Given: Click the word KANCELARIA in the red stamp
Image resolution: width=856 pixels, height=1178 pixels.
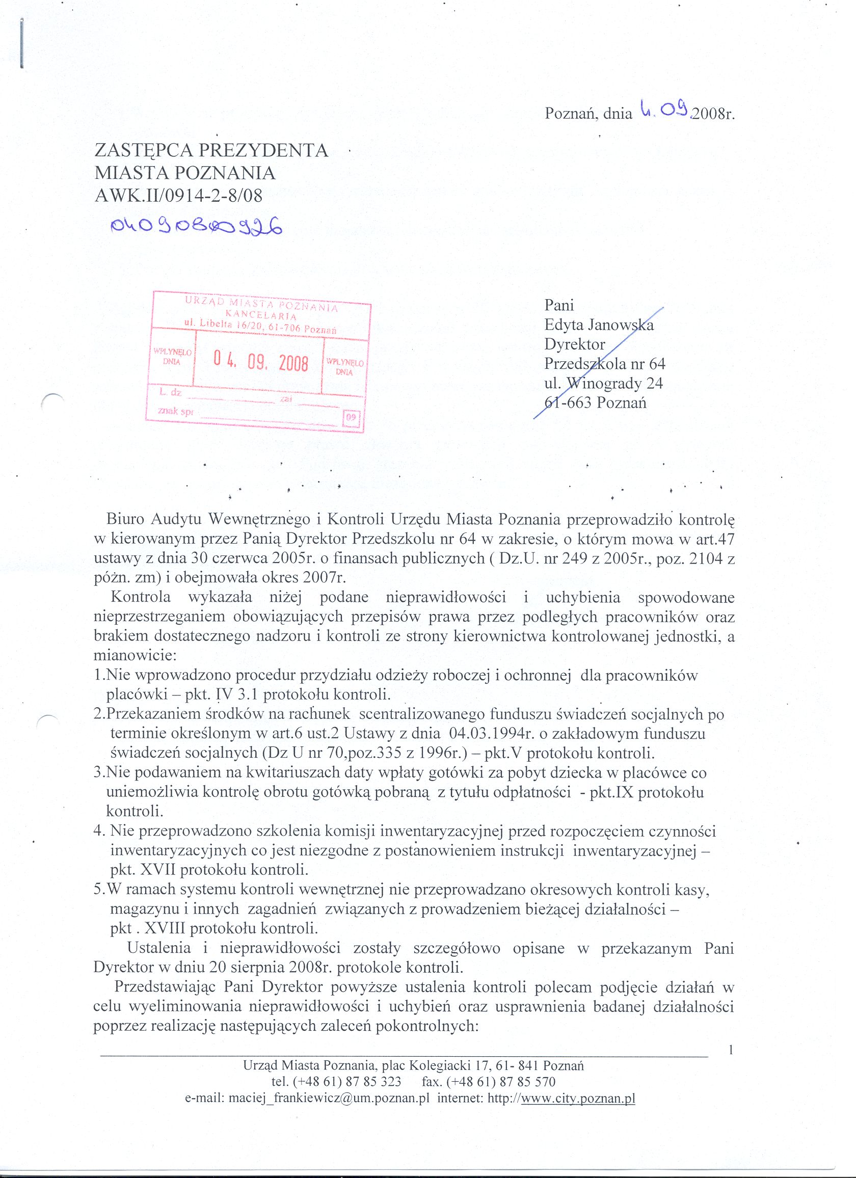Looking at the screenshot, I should (261, 315).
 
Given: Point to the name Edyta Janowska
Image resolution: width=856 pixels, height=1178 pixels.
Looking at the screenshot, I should (598, 325).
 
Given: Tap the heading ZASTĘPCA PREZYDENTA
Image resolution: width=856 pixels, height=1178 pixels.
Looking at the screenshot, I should (211, 150).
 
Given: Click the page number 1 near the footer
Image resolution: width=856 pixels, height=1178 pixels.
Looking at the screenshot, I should (731, 1050).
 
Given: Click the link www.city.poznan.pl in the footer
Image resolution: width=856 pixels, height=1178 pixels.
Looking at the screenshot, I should (578, 1100).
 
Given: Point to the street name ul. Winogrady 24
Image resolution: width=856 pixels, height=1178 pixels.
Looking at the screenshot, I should (604, 383).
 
